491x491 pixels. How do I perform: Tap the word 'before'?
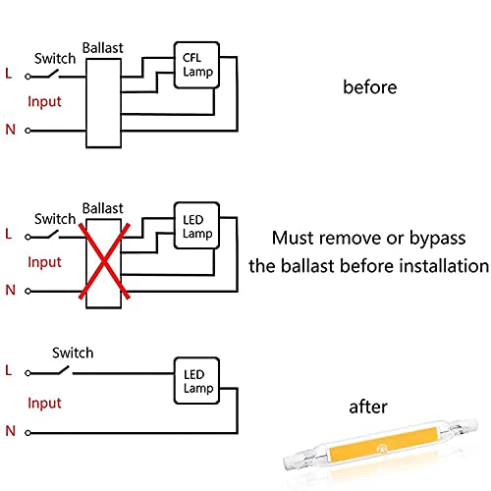[x=370, y=87]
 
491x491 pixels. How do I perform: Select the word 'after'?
[x=368, y=407]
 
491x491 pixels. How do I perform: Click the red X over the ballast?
[x=104, y=261]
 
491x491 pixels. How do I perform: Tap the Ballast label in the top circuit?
[x=103, y=48]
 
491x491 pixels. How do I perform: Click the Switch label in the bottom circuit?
[x=73, y=353]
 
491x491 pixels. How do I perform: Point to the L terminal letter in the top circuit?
[x=9, y=74]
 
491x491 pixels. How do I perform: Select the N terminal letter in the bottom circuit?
[x=11, y=431]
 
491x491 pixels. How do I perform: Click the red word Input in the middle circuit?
[x=44, y=262]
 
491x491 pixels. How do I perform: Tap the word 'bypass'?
[x=437, y=239]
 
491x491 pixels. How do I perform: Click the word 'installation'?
[x=445, y=265]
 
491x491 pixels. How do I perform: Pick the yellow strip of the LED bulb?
[x=384, y=444]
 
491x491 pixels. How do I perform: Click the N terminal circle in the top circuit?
[x=27, y=131]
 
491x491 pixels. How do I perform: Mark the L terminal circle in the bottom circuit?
[x=27, y=373]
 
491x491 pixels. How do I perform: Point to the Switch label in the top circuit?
[x=55, y=59]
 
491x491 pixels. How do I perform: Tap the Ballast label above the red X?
[x=103, y=208]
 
